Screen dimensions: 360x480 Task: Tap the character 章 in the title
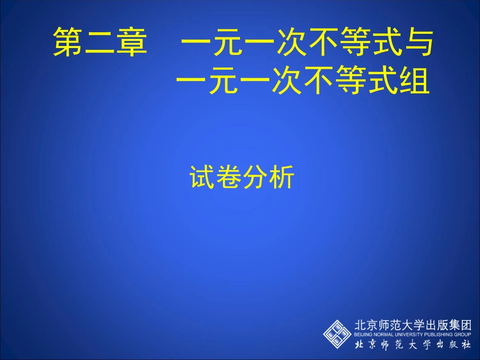click(131, 42)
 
